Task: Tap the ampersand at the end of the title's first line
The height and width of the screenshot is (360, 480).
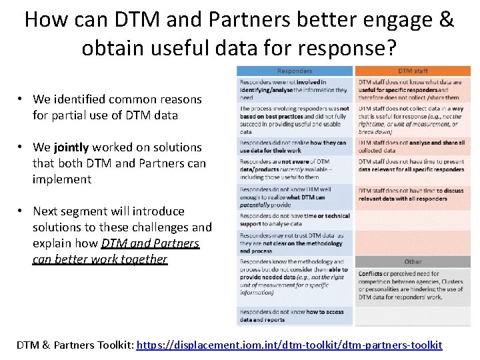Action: click(447, 19)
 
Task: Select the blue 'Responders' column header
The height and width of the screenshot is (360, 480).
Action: click(295, 71)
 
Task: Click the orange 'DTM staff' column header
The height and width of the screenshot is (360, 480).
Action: click(413, 71)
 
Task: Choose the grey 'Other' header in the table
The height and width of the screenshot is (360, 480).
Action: click(413, 261)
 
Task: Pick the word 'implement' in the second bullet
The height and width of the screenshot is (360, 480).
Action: click(62, 179)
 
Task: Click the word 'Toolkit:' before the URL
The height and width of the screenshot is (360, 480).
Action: click(112, 345)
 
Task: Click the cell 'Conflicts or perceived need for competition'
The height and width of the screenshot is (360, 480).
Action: click(413, 285)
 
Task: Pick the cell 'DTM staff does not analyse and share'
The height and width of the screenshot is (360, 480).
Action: click(413, 146)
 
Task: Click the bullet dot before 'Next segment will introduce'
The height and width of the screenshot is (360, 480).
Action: click(21, 211)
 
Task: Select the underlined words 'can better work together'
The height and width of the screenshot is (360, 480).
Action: click(100, 259)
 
